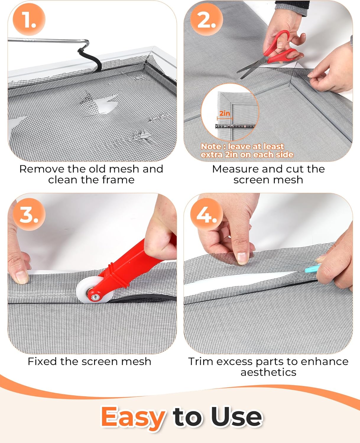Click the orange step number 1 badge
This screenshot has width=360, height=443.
(29, 19)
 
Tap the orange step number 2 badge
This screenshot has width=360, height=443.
(206, 19)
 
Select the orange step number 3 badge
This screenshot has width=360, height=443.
(29, 214)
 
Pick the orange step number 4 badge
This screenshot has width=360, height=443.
(206, 214)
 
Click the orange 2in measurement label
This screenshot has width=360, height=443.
(225, 113)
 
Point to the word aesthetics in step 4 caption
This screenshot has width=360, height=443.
(268, 372)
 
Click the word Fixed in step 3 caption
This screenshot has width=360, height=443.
(42, 361)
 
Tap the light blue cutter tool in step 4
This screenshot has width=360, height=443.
(313, 268)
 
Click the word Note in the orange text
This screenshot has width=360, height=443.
(210, 146)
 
